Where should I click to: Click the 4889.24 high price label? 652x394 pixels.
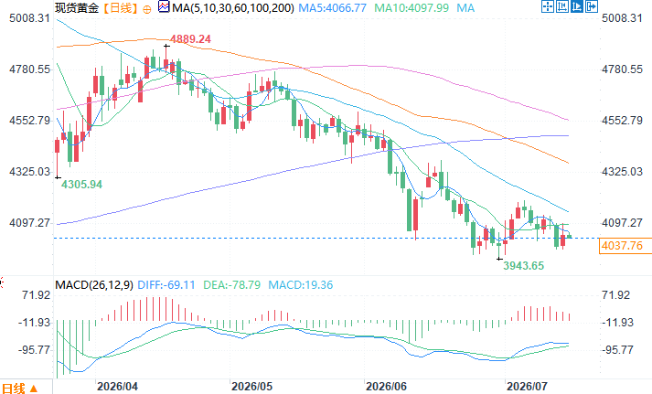(x=190, y=39)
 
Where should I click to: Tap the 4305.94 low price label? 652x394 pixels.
(x=82, y=185)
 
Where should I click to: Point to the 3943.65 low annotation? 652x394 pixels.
(x=523, y=266)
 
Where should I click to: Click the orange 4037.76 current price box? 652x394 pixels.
(x=623, y=246)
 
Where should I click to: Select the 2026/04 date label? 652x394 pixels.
(x=117, y=387)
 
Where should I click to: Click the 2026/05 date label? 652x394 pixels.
(x=252, y=387)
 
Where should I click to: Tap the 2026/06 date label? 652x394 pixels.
(x=386, y=387)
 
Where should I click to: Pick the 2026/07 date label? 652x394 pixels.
(x=527, y=387)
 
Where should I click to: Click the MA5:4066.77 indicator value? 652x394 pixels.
(x=333, y=8)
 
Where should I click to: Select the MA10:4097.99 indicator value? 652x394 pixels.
(x=412, y=8)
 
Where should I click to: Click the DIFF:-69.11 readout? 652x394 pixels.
(x=166, y=285)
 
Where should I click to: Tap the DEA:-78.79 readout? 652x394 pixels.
(x=231, y=285)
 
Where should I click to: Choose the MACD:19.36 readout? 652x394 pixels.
(x=301, y=285)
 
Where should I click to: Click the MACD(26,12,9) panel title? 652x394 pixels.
(x=94, y=285)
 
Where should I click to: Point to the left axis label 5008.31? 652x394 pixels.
(x=29, y=18)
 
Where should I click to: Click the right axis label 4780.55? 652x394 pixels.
(x=622, y=69)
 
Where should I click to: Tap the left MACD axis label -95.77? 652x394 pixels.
(x=34, y=350)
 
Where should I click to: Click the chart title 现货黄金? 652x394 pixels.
(x=77, y=8)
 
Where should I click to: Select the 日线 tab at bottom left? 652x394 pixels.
(x=14, y=389)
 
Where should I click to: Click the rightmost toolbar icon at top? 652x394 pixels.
(x=592, y=6)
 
